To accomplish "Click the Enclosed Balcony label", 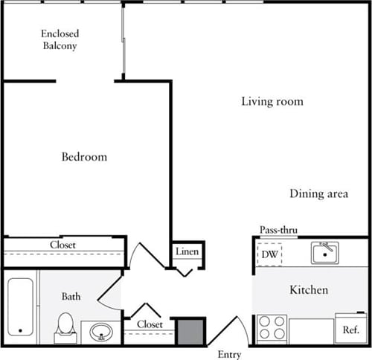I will click(60, 40).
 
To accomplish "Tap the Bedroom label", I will click(83, 157).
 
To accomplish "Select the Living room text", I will click(272, 101).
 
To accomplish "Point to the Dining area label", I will click(318, 194).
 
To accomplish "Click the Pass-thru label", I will click(278, 231).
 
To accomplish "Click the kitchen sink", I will click(325, 254).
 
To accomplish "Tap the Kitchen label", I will click(308, 289).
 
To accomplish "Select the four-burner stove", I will click(272, 328).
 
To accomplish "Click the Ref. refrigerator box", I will click(350, 329).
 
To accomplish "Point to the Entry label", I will click(231, 353).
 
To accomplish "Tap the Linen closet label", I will click(187, 252).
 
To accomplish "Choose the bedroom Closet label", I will click(62, 245).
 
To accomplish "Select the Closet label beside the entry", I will click(150, 325).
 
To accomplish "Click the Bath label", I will click(71, 297).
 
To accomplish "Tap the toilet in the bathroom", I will click(65, 326).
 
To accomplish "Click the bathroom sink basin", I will click(100, 332).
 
